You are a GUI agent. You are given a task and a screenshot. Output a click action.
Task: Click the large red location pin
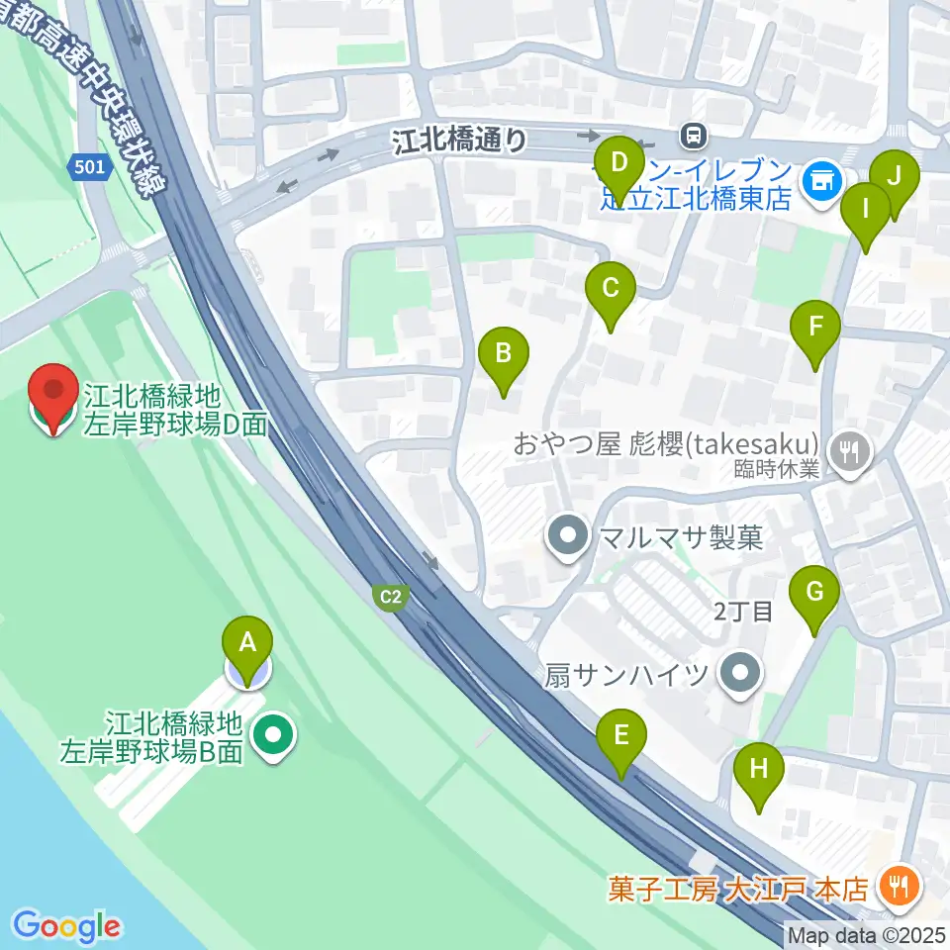click(x=53, y=397)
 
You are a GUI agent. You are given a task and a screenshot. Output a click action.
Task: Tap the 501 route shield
click(x=88, y=167)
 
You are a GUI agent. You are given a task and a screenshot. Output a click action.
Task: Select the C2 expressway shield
click(x=392, y=596)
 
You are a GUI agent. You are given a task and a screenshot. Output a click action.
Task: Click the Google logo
click(x=67, y=926)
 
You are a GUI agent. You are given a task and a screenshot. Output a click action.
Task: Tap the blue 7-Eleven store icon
click(x=821, y=180)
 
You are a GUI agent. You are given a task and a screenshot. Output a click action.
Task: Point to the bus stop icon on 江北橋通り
click(x=694, y=133)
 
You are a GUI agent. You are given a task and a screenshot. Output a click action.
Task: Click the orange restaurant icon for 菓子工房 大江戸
click(x=900, y=883)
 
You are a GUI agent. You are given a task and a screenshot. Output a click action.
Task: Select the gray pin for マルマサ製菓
click(x=568, y=537)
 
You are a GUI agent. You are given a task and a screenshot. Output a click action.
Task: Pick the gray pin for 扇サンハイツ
click(x=738, y=675)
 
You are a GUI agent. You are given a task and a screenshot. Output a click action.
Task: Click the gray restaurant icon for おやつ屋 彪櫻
click(x=850, y=452)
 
